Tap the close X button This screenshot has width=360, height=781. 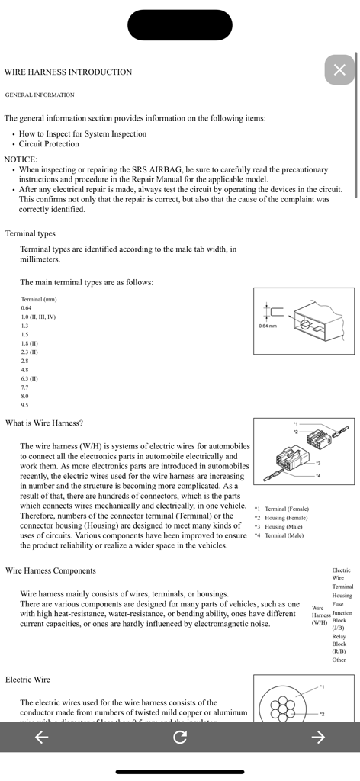(339, 70)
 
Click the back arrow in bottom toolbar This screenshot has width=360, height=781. (42, 736)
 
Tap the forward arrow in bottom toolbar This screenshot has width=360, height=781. (319, 736)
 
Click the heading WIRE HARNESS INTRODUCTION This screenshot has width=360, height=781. (68, 72)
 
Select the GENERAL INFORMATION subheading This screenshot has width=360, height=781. (40, 95)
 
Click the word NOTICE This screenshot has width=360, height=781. (21, 159)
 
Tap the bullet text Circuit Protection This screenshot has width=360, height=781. (49, 143)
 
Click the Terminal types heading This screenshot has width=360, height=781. (31, 233)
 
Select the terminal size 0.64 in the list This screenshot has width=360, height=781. (27, 307)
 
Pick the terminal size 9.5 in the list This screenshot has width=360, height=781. (25, 405)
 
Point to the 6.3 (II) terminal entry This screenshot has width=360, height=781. (30, 378)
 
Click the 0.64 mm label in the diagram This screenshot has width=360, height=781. (268, 326)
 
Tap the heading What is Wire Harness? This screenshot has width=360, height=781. (44, 423)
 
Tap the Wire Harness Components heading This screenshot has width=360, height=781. (50, 570)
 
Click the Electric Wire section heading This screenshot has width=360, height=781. (28, 679)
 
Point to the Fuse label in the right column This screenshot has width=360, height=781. (338, 604)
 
